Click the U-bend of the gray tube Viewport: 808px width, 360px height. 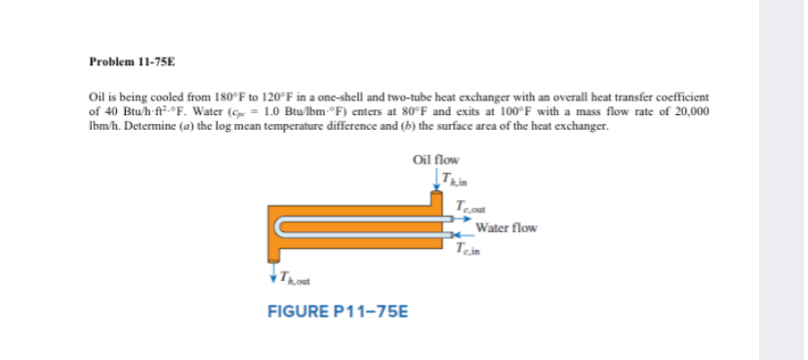point(280,229)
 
